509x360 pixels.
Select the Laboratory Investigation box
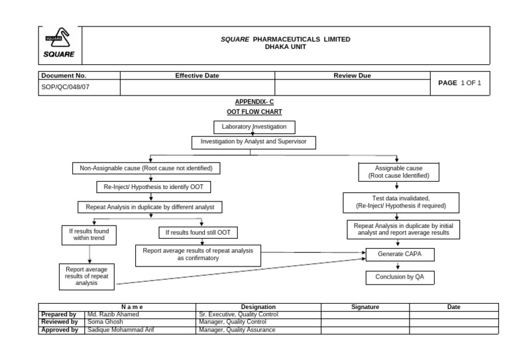(254, 126)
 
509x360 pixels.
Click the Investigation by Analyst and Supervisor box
(254, 142)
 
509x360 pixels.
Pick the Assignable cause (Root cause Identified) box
(398, 172)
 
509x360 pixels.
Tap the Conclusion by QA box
(400, 277)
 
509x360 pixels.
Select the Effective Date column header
(197, 76)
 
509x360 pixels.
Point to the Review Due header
(352, 76)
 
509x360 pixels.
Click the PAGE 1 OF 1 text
(459, 83)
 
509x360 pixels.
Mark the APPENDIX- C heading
(254, 102)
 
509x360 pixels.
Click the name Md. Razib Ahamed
(113, 314)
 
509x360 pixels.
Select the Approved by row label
(60, 329)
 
